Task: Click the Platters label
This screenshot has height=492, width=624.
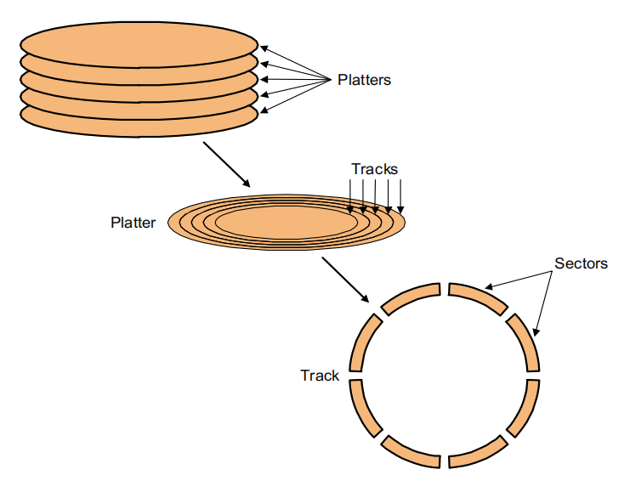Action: click(x=364, y=80)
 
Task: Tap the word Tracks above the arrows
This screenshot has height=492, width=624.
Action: click(x=374, y=169)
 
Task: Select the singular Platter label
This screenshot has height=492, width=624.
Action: click(x=133, y=223)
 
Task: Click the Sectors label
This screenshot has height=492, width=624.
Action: click(x=581, y=263)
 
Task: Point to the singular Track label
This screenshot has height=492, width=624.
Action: click(x=320, y=376)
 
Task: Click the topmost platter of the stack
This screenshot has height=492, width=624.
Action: click(x=139, y=44)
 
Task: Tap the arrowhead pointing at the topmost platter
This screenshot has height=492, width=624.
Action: click(x=264, y=48)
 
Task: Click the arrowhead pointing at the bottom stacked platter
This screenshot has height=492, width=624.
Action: click(x=264, y=110)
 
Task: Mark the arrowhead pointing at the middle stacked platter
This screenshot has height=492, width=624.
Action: click(x=264, y=80)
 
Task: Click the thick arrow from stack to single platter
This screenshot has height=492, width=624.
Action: click(x=227, y=164)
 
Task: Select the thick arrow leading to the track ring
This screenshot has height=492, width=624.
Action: click(x=346, y=280)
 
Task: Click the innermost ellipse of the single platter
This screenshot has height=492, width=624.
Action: click(x=286, y=223)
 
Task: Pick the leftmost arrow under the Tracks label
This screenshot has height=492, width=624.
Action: click(x=350, y=196)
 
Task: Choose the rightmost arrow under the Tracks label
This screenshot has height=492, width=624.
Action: click(x=400, y=196)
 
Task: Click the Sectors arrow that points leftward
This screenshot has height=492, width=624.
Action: click(x=519, y=280)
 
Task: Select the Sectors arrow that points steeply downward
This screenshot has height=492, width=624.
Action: click(x=543, y=303)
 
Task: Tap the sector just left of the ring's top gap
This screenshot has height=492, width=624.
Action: click(x=411, y=298)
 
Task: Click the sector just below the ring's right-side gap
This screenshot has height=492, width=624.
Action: click(x=523, y=409)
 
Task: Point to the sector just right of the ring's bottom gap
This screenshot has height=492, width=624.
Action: click(x=479, y=452)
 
